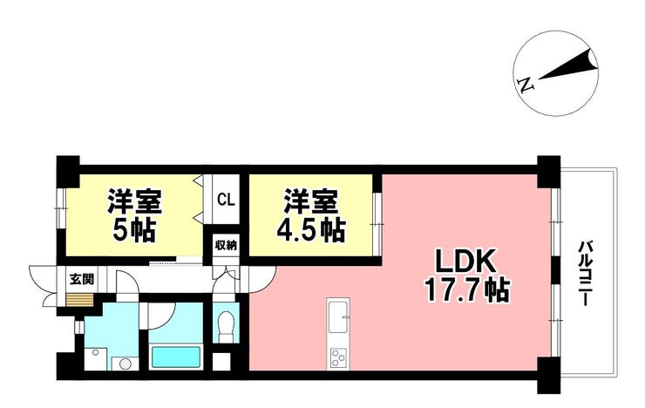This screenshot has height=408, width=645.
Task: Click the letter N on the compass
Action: click(x=526, y=85)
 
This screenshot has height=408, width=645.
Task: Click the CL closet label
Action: click(x=226, y=201)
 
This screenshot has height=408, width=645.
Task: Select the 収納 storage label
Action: click(x=226, y=246)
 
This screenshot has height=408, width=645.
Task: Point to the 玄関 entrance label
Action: click(x=81, y=279)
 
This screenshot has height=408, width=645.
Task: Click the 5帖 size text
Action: click(x=133, y=231)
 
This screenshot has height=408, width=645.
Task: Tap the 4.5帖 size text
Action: click(x=310, y=231)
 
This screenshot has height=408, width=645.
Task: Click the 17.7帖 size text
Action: click(x=467, y=290)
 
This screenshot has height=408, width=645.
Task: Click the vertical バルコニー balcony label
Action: click(x=584, y=274)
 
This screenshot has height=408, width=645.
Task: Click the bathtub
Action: click(x=176, y=357)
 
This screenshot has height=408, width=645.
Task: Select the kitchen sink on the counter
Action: click(x=338, y=316)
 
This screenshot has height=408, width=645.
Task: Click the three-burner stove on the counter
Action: click(x=338, y=357)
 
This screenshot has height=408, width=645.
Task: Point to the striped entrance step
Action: click(x=79, y=300)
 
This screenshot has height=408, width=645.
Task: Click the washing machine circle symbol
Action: click(x=125, y=364)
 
